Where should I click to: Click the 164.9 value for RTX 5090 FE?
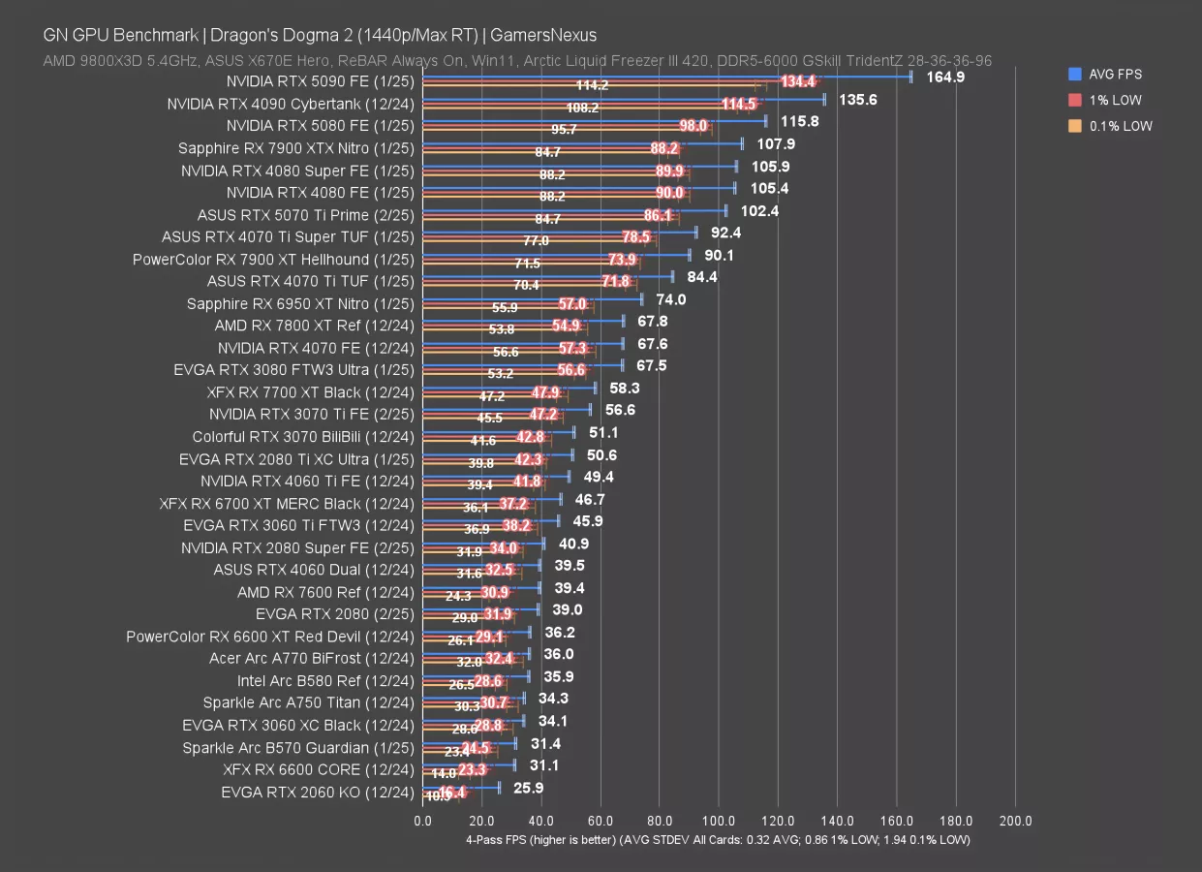click(945, 78)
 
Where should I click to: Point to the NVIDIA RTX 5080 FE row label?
click(320, 126)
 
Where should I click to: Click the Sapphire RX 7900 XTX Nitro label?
click(295, 148)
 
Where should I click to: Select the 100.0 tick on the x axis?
click(719, 821)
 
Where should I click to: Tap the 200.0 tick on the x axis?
click(1015, 821)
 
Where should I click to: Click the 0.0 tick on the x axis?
click(423, 821)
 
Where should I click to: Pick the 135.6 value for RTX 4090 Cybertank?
click(858, 100)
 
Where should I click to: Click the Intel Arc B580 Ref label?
click(325, 681)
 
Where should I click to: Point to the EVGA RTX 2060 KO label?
click(318, 793)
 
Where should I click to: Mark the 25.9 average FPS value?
click(528, 789)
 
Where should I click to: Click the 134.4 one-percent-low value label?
click(798, 82)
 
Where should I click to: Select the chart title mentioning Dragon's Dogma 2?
click(320, 36)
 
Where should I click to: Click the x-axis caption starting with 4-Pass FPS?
click(718, 839)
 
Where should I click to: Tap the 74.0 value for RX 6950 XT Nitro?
click(671, 300)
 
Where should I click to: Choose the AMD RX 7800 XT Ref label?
click(314, 326)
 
